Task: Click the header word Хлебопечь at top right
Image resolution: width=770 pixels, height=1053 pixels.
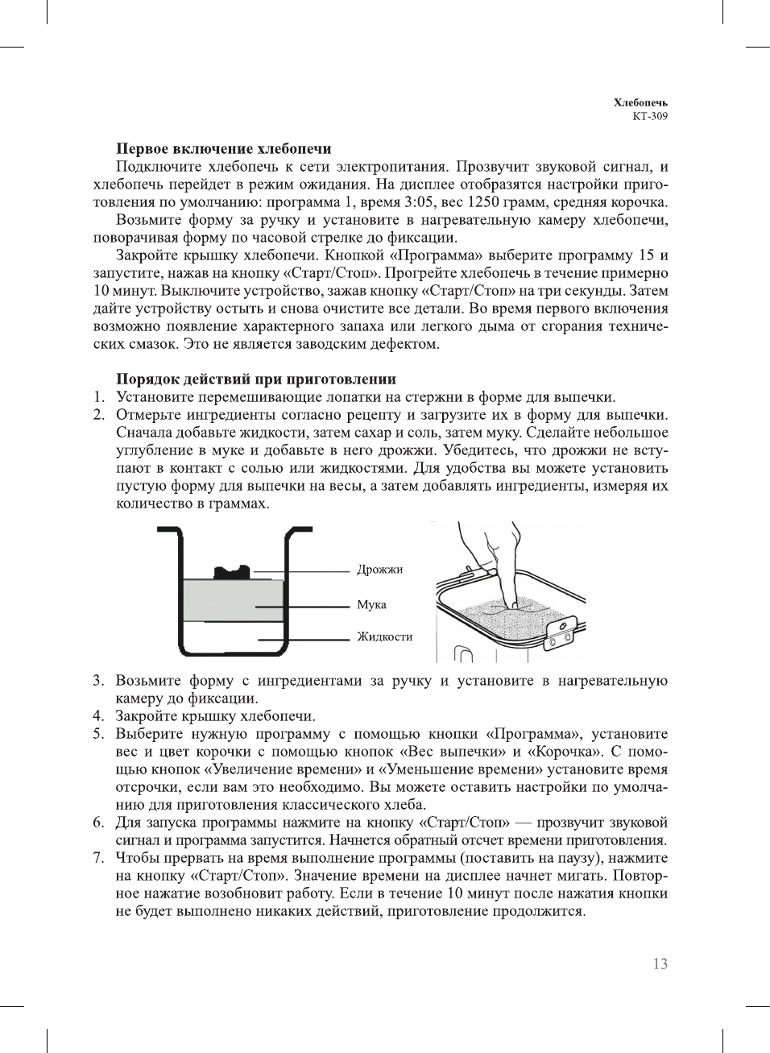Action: [x=640, y=102]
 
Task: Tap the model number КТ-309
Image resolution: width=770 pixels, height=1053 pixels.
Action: [x=649, y=115]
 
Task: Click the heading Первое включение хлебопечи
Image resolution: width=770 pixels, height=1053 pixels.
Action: [x=223, y=149]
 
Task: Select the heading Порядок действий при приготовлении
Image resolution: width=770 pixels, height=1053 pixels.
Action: [x=256, y=379]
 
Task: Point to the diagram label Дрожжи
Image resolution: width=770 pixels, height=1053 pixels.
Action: [x=379, y=570]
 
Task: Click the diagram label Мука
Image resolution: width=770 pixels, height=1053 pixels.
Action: [x=371, y=604]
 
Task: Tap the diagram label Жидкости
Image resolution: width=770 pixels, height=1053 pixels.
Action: [x=384, y=636]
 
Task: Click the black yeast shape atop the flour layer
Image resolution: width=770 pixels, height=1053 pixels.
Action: [x=232, y=572]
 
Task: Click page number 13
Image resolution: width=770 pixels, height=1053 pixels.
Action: [x=660, y=964]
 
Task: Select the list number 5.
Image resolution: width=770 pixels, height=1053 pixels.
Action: [x=97, y=734]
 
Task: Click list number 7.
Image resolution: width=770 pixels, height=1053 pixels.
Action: [x=97, y=858]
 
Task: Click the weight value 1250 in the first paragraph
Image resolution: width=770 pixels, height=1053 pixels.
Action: [x=482, y=202]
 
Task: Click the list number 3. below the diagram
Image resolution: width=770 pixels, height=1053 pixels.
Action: [x=97, y=681]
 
